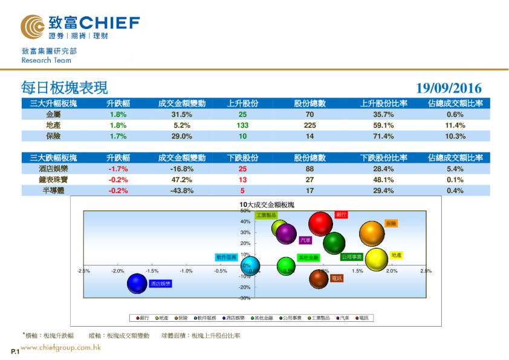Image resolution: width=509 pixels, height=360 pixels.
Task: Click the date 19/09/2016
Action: pos(449,88)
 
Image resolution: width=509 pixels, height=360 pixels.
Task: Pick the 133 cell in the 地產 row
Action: pos(242,125)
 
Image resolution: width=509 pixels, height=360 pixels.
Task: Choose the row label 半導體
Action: pos(53,191)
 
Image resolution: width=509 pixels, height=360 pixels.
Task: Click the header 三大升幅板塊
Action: pos(53,103)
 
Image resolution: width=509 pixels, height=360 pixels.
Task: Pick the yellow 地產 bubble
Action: pos(376,260)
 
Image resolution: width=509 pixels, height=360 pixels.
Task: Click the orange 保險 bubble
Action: pos(372,234)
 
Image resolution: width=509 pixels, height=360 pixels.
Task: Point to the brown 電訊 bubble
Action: pos(319,279)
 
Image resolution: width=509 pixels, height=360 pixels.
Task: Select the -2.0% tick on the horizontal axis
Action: pos(118,271)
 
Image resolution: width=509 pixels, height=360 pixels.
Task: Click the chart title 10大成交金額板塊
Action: pos(267,205)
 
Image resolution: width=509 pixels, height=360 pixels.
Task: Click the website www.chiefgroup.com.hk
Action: pos(60,347)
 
